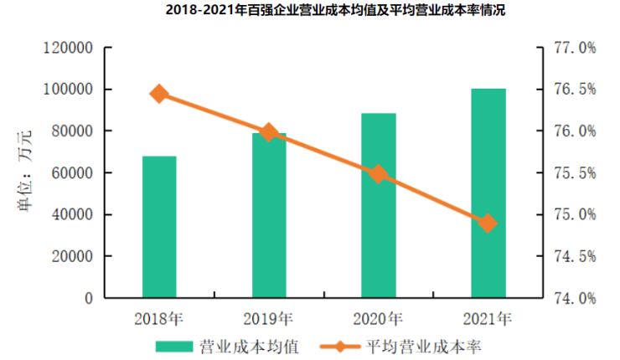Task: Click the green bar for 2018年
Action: click(159, 226)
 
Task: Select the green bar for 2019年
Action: click(269, 215)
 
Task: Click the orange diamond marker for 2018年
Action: click(159, 94)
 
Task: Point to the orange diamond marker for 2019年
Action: click(269, 132)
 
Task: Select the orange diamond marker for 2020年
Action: click(379, 174)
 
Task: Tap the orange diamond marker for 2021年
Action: click(488, 224)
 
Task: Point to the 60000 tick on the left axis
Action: click(70, 173)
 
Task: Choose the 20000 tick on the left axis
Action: click(70, 256)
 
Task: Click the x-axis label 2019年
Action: click(269, 318)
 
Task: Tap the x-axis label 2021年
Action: click(488, 318)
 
